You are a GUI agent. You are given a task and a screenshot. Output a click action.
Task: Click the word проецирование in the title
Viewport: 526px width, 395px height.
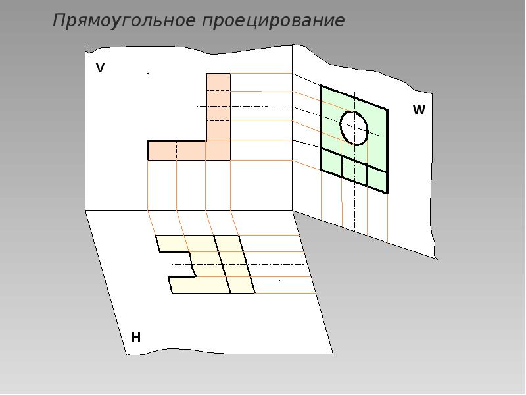(274, 22)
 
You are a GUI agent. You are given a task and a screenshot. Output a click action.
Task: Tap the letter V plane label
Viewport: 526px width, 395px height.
(101, 68)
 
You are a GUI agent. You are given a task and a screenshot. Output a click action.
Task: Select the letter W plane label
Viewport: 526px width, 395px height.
(419, 109)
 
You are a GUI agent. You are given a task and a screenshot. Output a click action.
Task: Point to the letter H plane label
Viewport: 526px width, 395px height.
(136, 337)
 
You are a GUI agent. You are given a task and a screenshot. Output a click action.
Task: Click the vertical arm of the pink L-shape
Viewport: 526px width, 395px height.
(218, 107)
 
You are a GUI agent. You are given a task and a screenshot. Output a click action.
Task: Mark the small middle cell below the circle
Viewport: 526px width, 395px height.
(354, 170)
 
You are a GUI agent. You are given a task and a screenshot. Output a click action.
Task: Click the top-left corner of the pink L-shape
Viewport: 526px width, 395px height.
(206, 74)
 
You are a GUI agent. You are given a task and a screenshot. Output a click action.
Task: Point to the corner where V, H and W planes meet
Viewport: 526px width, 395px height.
(293, 211)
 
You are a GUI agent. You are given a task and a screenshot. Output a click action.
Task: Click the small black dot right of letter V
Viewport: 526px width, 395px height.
(148, 74)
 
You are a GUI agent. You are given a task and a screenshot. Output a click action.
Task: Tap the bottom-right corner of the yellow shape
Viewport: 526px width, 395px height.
(255, 294)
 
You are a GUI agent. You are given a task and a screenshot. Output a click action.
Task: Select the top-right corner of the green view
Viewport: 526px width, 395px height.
(388, 109)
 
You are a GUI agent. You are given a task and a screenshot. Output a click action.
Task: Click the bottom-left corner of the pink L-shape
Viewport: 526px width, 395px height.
(148, 161)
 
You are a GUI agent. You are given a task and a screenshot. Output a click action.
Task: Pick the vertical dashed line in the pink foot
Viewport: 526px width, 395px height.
(176, 151)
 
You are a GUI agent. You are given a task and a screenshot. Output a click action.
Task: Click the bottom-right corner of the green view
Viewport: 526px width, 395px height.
(388, 193)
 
